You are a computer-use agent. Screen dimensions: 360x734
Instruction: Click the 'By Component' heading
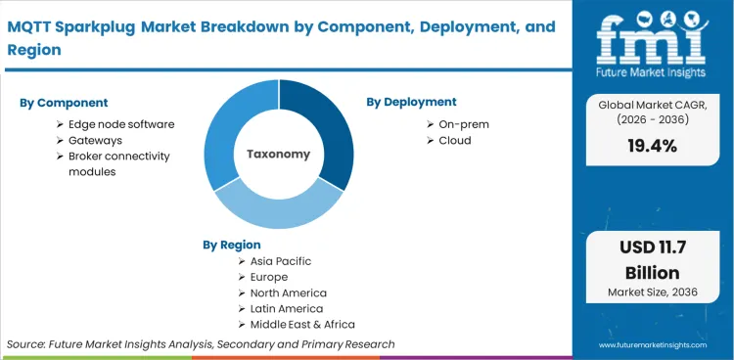click(x=64, y=102)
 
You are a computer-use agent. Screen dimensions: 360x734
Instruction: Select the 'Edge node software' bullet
click(x=120, y=124)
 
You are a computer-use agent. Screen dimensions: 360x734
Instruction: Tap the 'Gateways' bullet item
click(x=95, y=140)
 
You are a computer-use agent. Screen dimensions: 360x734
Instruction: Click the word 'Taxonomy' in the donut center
click(x=278, y=154)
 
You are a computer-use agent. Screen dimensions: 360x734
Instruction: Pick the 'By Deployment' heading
click(x=411, y=102)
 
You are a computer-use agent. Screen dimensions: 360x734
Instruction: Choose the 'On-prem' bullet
click(x=464, y=124)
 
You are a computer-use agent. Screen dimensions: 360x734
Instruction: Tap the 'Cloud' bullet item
click(x=455, y=140)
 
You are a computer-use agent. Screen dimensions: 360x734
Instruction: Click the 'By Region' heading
click(x=232, y=245)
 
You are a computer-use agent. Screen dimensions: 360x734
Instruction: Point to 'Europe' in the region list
click(x=269, y=277)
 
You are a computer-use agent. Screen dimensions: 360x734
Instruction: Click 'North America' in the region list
click(x=289, y=292)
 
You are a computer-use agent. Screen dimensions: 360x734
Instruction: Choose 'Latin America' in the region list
click(x=287, y=308)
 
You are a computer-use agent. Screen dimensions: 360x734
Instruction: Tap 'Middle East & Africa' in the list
click(x=302, y=324)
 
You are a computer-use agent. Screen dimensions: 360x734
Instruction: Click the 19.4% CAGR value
click(x=653, y=146)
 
